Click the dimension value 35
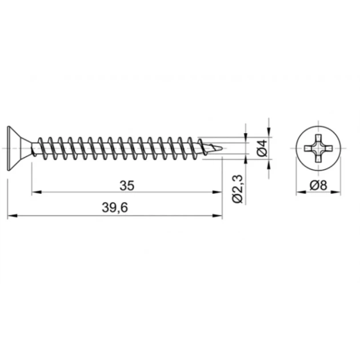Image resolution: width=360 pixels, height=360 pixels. click(x=127, y=186)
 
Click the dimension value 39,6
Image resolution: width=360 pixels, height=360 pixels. click(x=114, y=208)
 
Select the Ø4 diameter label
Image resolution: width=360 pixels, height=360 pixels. click(x=262, y=148)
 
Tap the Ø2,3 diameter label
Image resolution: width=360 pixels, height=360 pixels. click(x=238, y=189)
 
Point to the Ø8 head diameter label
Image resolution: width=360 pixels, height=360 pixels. click(x=318, y=185)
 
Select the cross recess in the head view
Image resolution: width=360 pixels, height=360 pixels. click(x=318, y=149)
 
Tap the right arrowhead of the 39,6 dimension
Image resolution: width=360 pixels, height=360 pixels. click(x=217, y=215)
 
